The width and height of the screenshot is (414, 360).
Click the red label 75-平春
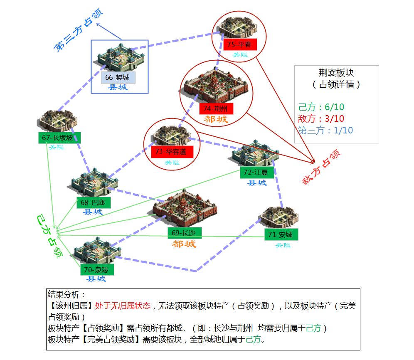(x=240, y=44)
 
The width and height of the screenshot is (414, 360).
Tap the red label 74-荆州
(x=216, y=109)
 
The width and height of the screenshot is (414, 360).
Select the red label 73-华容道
(x=172, y=152)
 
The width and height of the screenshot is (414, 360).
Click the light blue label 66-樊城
(x=118, y=78)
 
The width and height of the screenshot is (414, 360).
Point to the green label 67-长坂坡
(x=59, y=138)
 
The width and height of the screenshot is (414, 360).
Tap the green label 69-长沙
(x=184, y=232)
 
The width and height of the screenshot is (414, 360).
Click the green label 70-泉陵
(x=97, y=269)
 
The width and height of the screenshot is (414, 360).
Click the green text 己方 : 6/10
(x=321, y=107)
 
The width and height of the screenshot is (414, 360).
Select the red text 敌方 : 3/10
(x=321, y=118)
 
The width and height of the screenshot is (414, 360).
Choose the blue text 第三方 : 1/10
(x=325, y=130)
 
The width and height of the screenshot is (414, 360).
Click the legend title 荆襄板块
(x=336, y=73)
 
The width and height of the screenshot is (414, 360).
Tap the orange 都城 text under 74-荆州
(x=216, y=120)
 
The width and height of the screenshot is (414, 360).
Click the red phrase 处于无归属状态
(x=123, y=306)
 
